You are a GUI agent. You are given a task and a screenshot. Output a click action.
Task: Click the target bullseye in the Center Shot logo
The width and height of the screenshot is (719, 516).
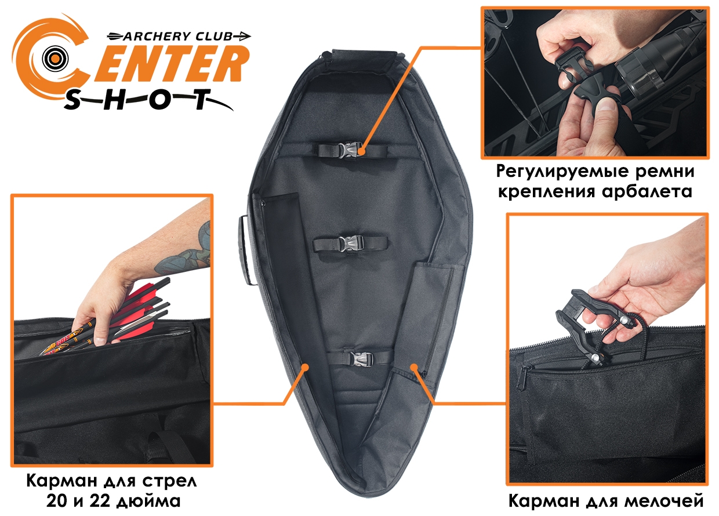coord(55,59)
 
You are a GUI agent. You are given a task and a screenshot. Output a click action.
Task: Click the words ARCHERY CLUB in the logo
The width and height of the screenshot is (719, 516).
coord(177,37)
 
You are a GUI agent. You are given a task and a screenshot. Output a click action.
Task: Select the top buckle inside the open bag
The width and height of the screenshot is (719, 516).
coord(353,150)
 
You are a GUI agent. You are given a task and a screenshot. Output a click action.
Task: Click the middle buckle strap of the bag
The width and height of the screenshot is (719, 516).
coord(350,244)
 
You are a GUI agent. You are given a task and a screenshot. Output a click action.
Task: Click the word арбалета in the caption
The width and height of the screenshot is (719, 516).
coord(647,192)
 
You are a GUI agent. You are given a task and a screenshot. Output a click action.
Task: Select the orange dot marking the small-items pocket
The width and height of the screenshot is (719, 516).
coord(415,366)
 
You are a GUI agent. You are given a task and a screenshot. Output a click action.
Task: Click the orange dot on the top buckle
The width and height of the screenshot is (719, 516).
coord(362,151)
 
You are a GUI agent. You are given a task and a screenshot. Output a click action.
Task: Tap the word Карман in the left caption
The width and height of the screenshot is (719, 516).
coord(59,481)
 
